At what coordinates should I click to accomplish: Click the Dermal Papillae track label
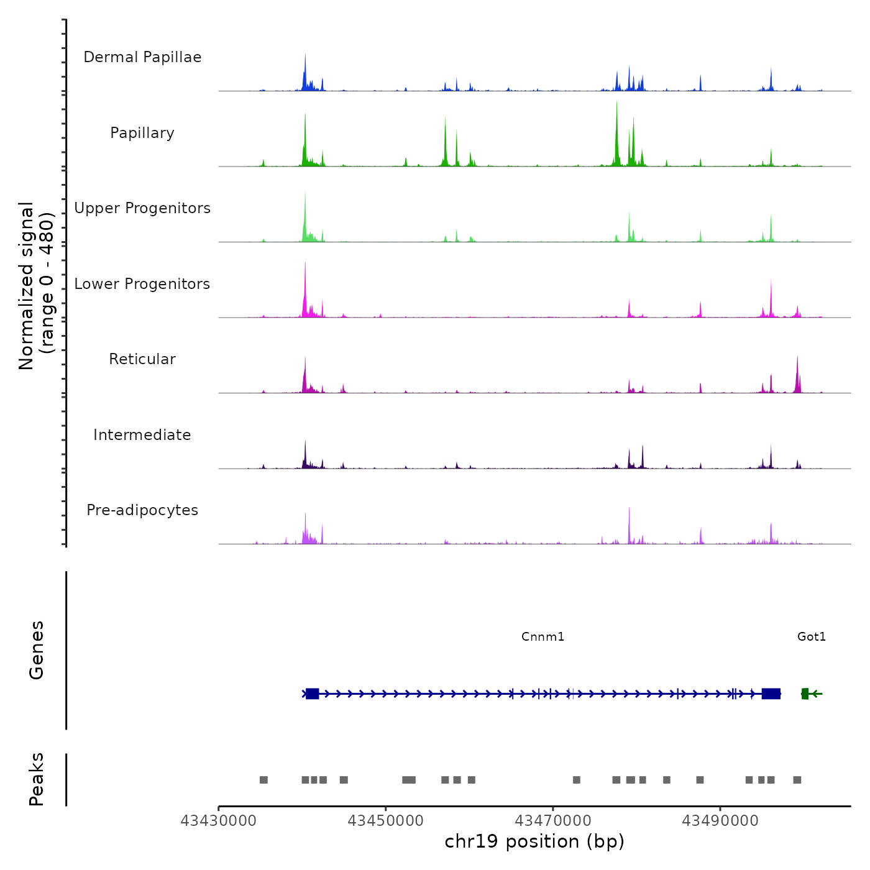tap(142, 57)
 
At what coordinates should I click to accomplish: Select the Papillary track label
tap(142, 133)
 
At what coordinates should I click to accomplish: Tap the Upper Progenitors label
tap(142, 208)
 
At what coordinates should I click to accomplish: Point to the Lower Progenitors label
tap(142, 284)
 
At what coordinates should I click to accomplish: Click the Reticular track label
tap(142, 359)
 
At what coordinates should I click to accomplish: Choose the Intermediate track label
tap(142, 435)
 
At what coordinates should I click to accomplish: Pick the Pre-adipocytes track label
tap(142, 510)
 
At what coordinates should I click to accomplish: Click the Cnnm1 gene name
tap(543, 636)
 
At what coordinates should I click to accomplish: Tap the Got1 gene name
tap(812, 636)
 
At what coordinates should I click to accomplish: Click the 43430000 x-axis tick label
tap(218, 821)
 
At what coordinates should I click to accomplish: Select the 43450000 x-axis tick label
tap(385, 821)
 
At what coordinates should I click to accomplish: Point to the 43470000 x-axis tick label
tap(552, 821)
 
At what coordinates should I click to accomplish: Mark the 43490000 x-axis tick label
tap(720, 821)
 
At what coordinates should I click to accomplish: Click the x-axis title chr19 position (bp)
tap(534, 841)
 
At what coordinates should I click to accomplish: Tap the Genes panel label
tap(36, 650)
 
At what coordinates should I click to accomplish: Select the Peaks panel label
tap(36, 779)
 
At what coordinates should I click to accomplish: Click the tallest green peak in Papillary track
tap(616, 124)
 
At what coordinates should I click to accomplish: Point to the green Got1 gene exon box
tap(805, 694)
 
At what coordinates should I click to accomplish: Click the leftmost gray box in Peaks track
tap(263, 780)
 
